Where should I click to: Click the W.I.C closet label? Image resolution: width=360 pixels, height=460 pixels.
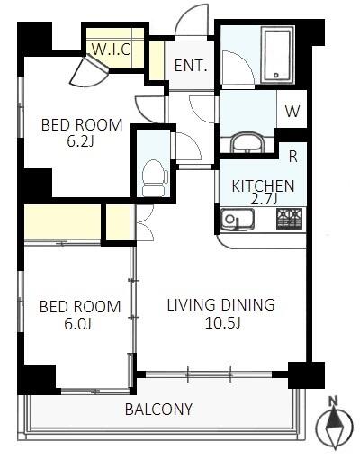tap(111, 50)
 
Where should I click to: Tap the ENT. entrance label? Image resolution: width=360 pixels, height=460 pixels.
tap(191, 66)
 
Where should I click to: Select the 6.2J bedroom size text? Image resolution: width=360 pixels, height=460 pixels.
tap(80, 141)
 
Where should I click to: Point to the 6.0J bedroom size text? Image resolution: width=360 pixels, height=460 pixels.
tap(77, 323)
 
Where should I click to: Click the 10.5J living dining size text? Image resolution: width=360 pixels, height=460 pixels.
tap(222, 322)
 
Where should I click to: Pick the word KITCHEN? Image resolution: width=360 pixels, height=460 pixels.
tap(263, 186)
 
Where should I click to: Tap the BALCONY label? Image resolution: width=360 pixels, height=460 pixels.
tap(158, 410)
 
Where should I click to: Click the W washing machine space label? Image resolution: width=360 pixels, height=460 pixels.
tap(292, 112)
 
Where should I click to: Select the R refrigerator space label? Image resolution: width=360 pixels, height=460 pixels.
tap(292, 157)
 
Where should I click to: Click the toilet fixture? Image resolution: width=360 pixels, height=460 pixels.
tap(155, 177)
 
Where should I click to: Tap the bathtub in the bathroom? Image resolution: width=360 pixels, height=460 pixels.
tap(276, 56)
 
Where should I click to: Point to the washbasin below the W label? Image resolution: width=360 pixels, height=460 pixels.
tap(247, 143)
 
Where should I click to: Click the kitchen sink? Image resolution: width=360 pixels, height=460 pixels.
tap(238, 220)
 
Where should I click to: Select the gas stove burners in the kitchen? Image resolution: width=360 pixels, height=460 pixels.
tap(289, 219)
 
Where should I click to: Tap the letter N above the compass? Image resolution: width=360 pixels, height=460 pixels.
tap(333, 401)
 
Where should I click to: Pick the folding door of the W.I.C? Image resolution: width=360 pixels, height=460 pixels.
tap(90, 71)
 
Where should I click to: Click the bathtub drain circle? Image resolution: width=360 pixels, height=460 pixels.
tap(276, 75)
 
